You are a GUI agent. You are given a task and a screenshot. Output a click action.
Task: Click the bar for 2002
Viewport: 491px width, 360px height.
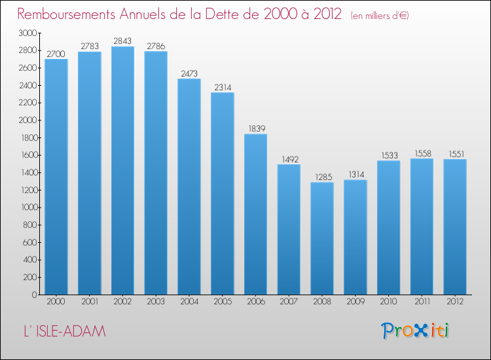click(122, 171)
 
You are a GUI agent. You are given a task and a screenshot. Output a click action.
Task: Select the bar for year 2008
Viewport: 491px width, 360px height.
click(322, 238)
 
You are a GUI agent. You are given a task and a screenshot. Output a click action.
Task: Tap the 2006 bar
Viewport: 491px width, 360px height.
click(255, 215)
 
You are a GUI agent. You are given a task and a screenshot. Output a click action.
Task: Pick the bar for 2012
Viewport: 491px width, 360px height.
click(455, 227)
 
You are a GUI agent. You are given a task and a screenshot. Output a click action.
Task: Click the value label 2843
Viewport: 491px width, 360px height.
click(122, 41)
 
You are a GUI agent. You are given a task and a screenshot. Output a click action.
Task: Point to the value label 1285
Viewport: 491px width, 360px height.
click(323, 177)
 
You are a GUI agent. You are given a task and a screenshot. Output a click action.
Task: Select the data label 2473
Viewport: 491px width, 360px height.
click(189, 73)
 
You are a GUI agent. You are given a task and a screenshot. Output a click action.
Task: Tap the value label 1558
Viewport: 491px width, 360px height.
click(423, 153)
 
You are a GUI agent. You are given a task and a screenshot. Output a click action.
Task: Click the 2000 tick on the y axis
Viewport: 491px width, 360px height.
click(27, 120)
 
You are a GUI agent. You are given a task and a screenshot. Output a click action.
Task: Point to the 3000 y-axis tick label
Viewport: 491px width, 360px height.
click(27, 33)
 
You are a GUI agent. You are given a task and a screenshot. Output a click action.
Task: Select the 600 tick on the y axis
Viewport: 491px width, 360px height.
click(29, 242)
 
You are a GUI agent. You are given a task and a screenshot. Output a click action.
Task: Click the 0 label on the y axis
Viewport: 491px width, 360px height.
click(35, 295)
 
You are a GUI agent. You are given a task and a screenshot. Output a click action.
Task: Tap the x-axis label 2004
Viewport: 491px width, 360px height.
click(189, 302)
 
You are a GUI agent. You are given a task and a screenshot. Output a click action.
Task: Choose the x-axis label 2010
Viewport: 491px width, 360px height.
click(388, 302)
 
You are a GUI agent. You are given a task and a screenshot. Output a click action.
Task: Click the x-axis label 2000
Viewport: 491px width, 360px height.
click(56, 302)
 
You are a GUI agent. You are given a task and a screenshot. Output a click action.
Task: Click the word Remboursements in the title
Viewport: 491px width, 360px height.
click(66, 14)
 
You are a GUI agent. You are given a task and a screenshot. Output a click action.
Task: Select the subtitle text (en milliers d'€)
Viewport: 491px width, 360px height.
click(380, 16)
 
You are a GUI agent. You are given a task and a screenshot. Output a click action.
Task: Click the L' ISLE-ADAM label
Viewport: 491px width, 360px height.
click(65, 331)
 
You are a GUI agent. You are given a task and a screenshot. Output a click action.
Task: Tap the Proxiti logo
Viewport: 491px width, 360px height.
click(415, 331)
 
